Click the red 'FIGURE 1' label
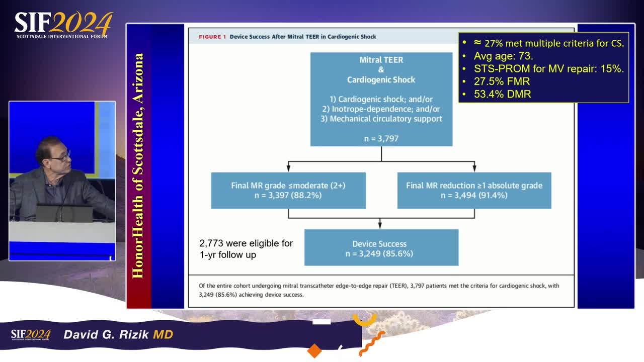point(212,37)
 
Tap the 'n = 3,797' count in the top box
point(381,138)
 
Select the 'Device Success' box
point(381,247)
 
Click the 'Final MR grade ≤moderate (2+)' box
point(288,191)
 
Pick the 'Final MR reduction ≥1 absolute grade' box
point(474,191)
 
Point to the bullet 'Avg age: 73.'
point(503,56)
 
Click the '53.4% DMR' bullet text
point(502,94)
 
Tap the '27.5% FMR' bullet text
point(502,81)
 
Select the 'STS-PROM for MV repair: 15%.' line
point(549,69)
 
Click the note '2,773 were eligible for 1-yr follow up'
point(246,249)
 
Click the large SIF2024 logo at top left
point(63,25)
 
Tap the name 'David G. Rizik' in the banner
point(106,334)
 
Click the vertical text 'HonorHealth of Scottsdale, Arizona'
point(138,166)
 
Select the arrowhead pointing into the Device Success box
point(380,226)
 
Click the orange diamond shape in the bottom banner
point(314,351)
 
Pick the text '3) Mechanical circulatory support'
point(381,119)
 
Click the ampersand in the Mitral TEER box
point(381,69)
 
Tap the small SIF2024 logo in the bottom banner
point(31,335)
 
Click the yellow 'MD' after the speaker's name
point(163,334)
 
